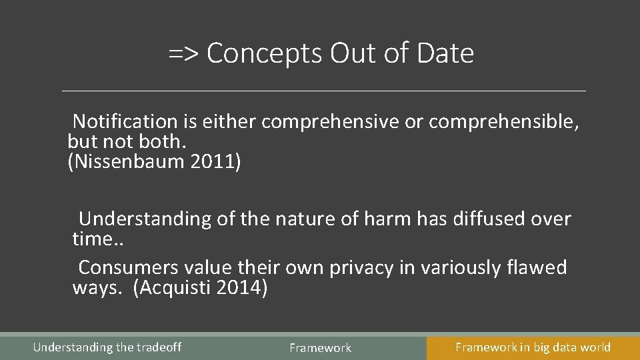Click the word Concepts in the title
[x=264, y=53]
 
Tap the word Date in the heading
[x=445, y=53]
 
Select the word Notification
[x=125, y=121]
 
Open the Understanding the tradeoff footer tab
[x=107, y=347]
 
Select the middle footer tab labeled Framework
[x=320, y=347]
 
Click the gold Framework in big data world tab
[x=533, y=347]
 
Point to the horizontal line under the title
[x=323, y=91]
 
